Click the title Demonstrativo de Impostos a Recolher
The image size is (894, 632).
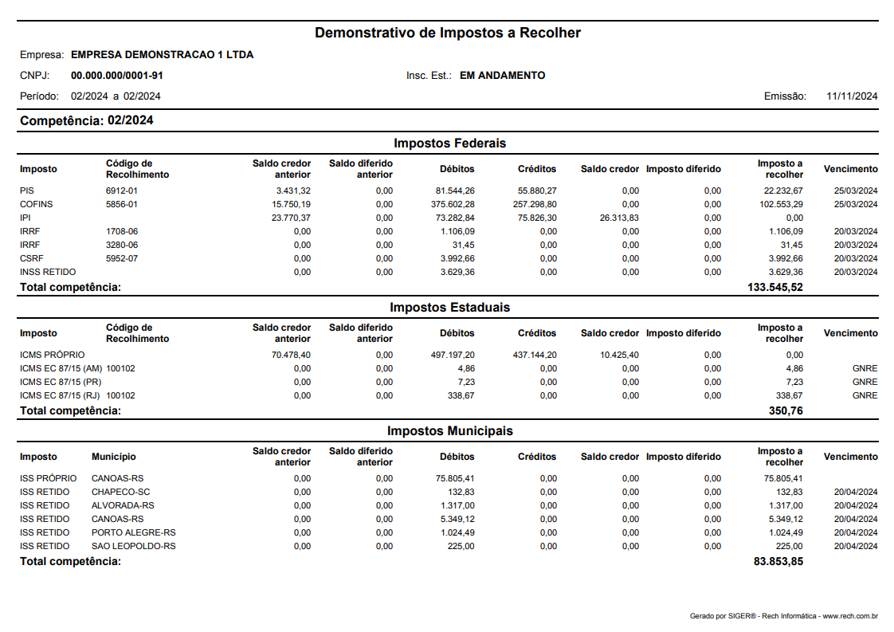click(x=447, y=33)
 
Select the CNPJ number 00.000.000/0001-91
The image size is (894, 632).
click(x=117, y=76)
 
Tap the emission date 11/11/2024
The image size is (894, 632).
click(x=852, y=96)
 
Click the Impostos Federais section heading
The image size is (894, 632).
click(x=449, y=143)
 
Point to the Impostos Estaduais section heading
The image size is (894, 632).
click(x=449, y=307)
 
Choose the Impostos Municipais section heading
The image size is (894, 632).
click(x=449, y=431)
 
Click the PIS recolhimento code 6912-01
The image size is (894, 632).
click(x=122, y=191)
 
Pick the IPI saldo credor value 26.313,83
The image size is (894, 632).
click(x=616, y=218)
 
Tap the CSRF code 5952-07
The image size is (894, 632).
click(x=122, y=259)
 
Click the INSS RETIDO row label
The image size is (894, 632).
click(x=48, y=273)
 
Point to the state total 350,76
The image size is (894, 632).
click(x=786, y=410)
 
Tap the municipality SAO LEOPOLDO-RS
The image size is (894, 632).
click(x=134, y=547)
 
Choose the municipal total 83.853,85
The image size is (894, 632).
click(x=778, y=561)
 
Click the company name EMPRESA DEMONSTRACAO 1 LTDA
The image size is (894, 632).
click(x=163, y=56)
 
